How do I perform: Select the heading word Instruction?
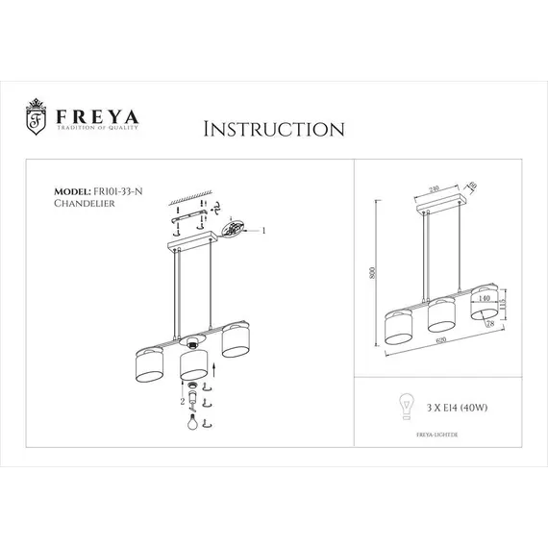[273, 130]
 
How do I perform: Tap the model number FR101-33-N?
[115, 192]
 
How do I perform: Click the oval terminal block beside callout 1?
[234, 229]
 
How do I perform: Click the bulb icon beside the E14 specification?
[405, 407]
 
